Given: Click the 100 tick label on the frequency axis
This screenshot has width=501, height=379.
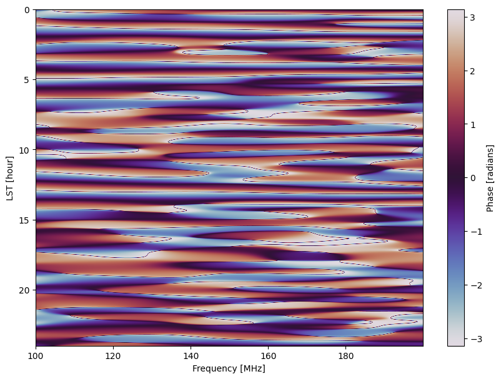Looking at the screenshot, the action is (36, 356).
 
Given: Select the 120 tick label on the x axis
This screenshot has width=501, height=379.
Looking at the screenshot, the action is (113, 356).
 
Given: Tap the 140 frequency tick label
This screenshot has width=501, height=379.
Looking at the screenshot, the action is (191, 356).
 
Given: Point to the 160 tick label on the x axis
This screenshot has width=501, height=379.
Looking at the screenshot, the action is (268, 356).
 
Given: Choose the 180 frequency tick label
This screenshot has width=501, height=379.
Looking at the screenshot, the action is (345, 356).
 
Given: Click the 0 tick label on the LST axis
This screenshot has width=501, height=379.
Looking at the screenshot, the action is (27, 10).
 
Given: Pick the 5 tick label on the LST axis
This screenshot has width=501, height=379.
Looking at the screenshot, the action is (27, 80).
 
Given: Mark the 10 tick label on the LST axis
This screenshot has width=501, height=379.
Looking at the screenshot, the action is (25, 150).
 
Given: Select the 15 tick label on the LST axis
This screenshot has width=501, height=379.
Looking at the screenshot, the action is (25, 220).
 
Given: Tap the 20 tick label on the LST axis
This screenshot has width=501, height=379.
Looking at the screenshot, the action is (25, 290).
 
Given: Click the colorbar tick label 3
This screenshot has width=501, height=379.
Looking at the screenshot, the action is (472, 18).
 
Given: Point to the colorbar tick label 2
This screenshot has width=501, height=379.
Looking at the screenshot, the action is (472, 72).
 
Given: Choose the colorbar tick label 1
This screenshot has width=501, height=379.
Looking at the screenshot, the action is (472, 125).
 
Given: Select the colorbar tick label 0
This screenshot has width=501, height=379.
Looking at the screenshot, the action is (472, 178).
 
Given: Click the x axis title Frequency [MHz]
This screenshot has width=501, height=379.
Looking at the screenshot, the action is (229, 368).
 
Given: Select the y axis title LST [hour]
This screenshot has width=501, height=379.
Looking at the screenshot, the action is (10, 178).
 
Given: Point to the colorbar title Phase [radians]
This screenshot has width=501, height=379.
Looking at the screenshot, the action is (490, 178).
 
